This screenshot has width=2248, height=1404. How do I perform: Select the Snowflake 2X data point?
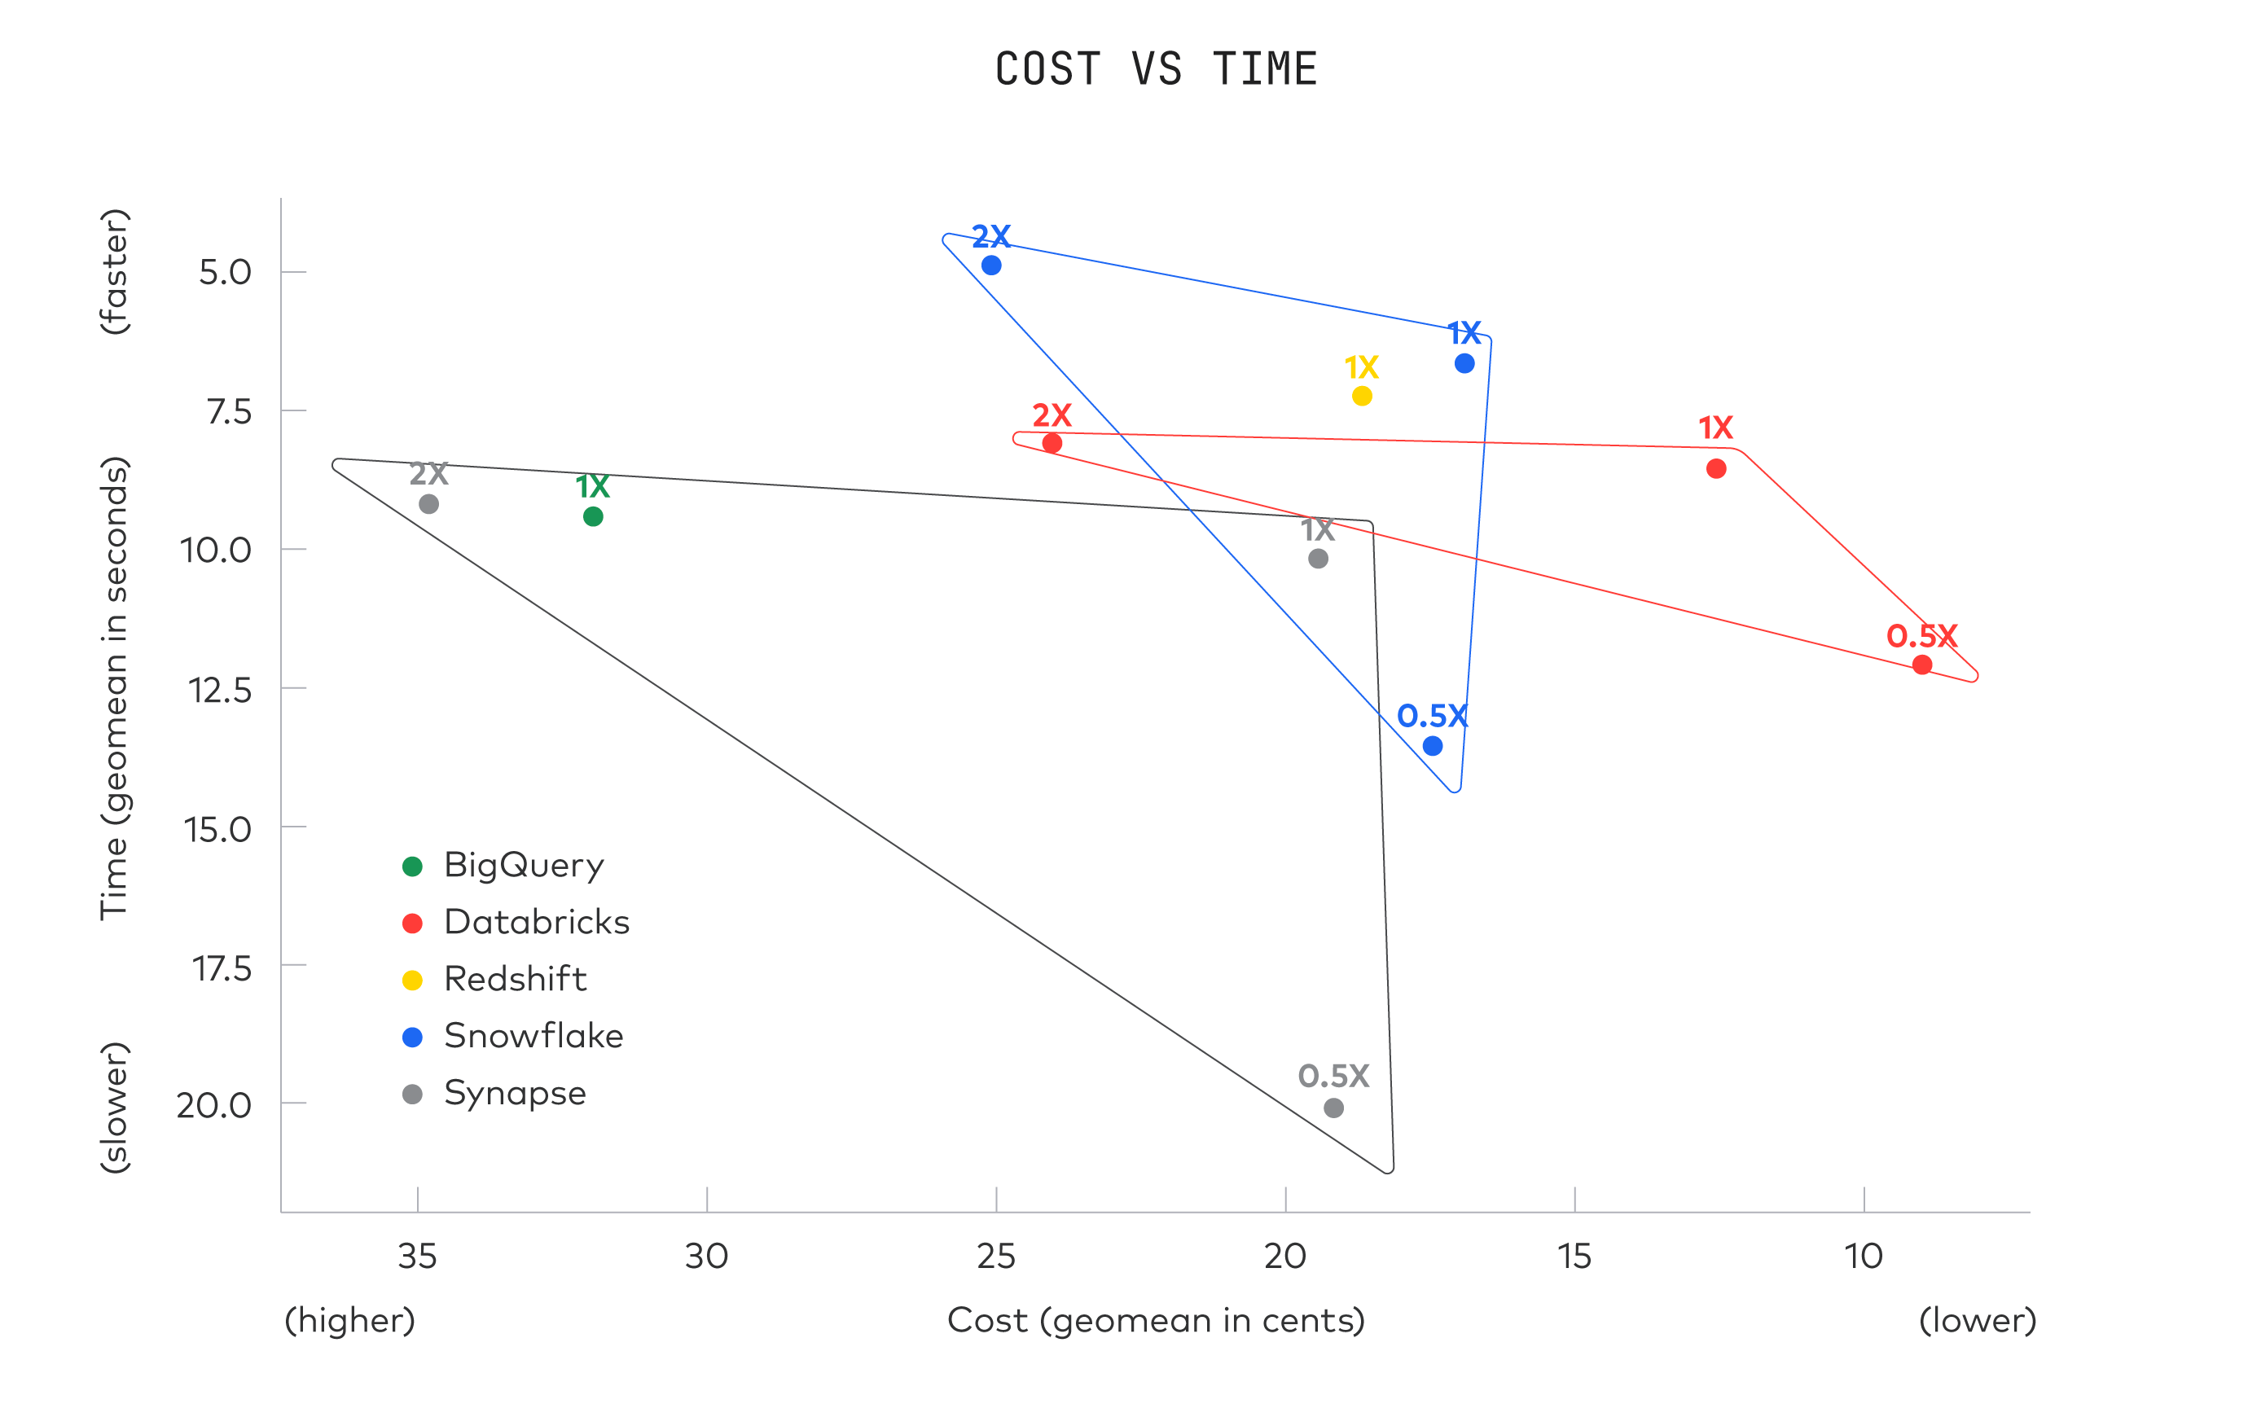(992, 265)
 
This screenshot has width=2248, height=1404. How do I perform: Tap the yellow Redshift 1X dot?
(1362, 397)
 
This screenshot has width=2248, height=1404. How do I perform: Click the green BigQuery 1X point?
(593, 516)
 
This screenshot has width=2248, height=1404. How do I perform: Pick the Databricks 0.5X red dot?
(1922, 665)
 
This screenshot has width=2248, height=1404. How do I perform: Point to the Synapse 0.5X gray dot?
(1333, 1108)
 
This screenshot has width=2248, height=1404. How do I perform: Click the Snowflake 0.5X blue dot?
(1433, 746)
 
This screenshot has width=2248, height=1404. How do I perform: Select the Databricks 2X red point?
(1052, 443)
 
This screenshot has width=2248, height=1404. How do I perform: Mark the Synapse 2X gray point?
(429, 504)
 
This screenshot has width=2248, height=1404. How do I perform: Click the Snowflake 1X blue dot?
(1464, 363)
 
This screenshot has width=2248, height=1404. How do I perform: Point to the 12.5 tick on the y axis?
(220, 690)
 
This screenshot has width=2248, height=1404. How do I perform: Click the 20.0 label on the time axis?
(214, 1105)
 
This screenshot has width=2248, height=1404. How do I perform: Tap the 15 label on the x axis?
(1574, 1257)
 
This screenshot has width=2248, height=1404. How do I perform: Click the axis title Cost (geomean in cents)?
(1156, 1320)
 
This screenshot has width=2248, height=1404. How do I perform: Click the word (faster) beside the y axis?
(115, 271)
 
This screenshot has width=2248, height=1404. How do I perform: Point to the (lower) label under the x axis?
(1978, 1320)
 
